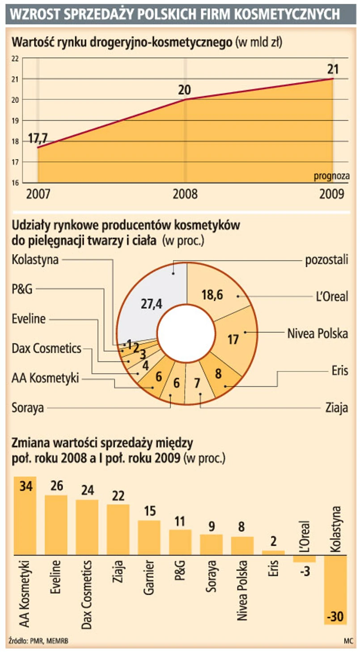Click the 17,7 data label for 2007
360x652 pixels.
(x=38, y=138)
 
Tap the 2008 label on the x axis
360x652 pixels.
(x=185, y=194)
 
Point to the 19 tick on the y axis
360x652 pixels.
(x=15, y=121)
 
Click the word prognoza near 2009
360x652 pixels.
(x=331, y=176)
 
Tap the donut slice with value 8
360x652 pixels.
(x=218, y=374)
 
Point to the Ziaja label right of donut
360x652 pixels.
(x=337, y=408)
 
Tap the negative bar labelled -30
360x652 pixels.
(x=335, y=590)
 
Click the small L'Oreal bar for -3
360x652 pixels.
(x=304, y=559)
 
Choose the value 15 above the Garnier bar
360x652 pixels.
(x=149, y=511)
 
